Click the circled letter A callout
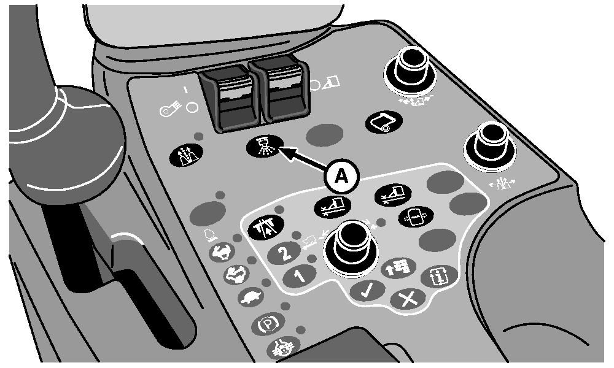click(x=341, y=177)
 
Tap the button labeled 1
click(x=300, y=276)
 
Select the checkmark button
click(x=367, y=291)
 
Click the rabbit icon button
click(x=222, y=253)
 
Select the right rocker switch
click(x=279, y=89)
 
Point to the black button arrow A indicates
click(x=264, y=147)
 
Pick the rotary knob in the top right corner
click(x=410, y=69)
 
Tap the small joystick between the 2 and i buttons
click(x=351, y=245)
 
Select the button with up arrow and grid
click(x=399, y=267)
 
